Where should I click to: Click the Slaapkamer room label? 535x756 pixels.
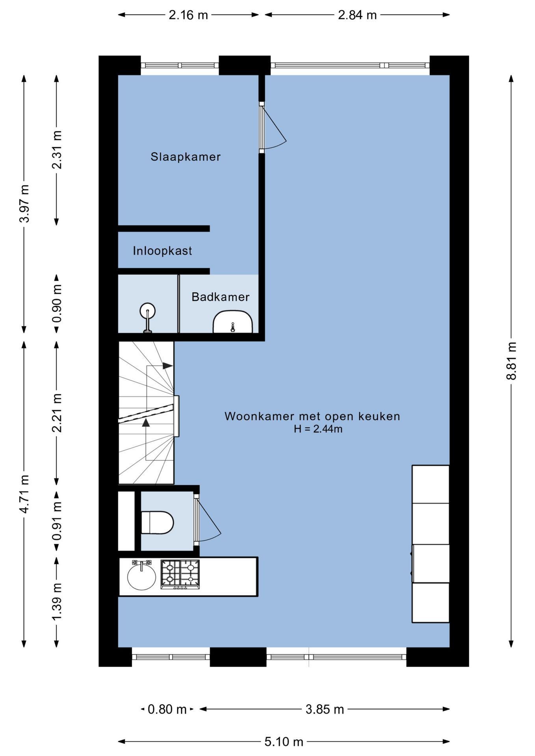[186, 157]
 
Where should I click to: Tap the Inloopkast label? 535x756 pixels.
[162, 251]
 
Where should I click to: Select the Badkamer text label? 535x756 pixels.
[221, 297]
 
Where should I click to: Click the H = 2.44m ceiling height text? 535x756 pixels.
[318, 429]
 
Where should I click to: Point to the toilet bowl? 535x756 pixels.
[158, 523]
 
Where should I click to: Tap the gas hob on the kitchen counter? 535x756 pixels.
[180, 574]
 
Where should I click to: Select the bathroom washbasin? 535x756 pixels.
[232, 322]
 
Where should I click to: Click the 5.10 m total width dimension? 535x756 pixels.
[284, 742]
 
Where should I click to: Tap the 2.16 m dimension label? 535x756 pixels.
[188, 15]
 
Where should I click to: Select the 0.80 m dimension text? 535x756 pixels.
[167, 710]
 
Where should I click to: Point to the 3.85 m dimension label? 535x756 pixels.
[325, 710]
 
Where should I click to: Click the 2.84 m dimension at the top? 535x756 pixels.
[357, 15]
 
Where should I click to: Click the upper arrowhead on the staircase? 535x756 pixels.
[168, 366]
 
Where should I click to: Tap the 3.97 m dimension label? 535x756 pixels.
[24, 203]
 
